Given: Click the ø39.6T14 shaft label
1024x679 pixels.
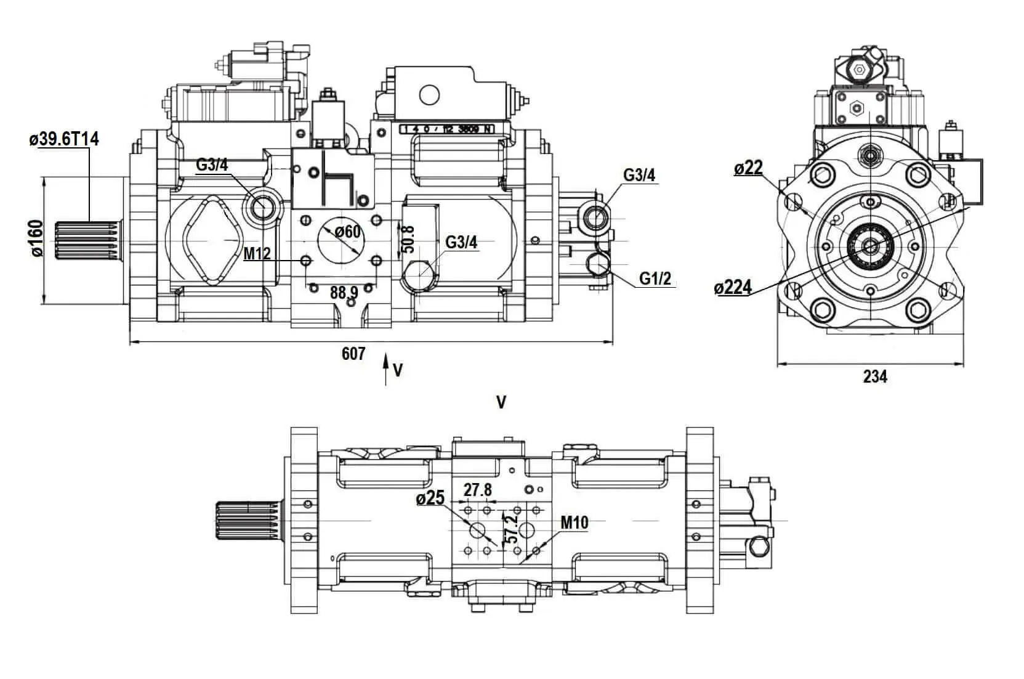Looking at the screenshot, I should pos(63,139).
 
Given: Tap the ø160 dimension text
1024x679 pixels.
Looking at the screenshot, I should pos(37,238).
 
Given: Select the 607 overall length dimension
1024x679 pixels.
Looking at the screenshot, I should pos(353,354).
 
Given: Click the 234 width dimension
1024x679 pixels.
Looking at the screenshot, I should pos(874,376).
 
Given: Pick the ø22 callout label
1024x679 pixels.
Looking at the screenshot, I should pos(748,168).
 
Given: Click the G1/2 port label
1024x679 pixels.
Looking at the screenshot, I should pos(655,279).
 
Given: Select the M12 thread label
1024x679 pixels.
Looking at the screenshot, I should pos(257,253).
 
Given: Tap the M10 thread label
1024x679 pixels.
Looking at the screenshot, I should pos(574,523).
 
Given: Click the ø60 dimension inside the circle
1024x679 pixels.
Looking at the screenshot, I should pos(348,232).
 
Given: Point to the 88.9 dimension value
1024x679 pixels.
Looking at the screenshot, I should pos(344,292).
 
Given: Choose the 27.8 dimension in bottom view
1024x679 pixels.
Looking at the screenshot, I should pos(478,490).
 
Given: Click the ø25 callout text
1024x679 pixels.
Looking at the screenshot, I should pos(430,498).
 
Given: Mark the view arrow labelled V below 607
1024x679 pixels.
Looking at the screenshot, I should pos(387,369).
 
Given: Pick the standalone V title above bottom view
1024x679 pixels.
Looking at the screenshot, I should pos(501,402).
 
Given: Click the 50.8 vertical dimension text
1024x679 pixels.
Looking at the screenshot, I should pos(407,238).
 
